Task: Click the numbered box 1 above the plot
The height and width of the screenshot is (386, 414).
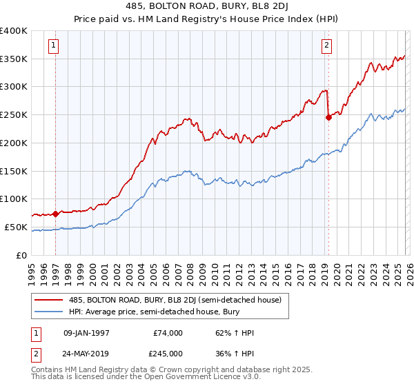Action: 54,46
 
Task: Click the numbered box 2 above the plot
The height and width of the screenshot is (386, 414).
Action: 326,46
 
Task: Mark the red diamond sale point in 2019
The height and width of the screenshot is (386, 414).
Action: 328,117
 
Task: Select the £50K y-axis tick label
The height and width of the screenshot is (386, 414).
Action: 16,227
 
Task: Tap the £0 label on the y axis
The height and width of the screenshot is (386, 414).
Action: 22,255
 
